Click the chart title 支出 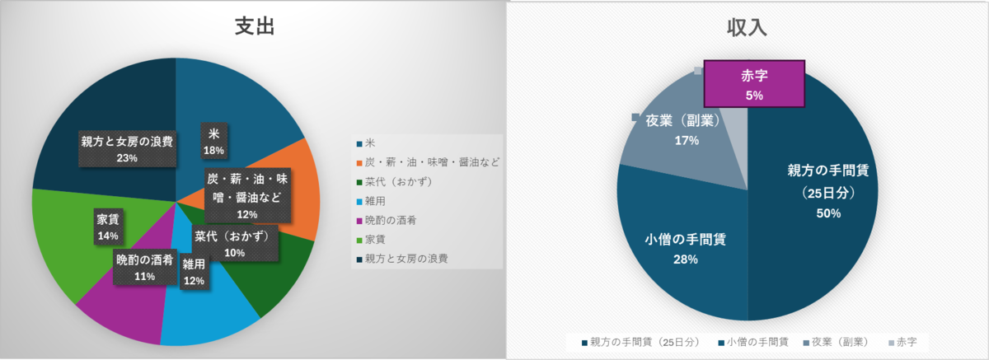point(255,26)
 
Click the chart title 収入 point(747,28)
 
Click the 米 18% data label point(214,142)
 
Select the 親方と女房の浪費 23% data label point(127,149)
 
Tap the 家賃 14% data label point(108,227)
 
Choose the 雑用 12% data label point(195,272)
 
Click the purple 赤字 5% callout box point(754,84)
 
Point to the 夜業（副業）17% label point(686,130)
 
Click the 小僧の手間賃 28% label point(685,250)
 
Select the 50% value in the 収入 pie point(828,213)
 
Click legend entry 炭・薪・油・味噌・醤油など point(428,162)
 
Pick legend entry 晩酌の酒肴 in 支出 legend point(387,220)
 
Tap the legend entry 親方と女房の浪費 point(402,259)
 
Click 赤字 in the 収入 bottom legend point(903,342)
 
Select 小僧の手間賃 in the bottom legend point(753,342)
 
